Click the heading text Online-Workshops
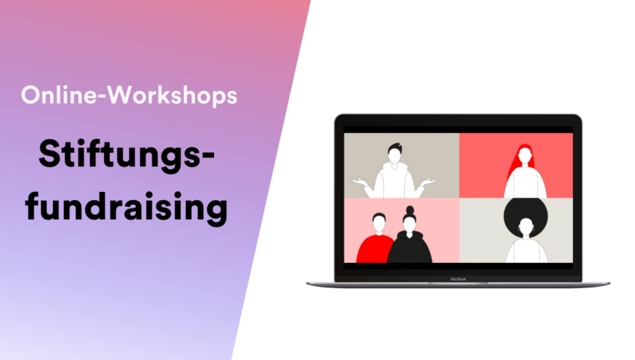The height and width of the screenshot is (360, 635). point(129,96)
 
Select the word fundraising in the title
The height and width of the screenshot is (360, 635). point(126,207)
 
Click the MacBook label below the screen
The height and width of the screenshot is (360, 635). point(458,279)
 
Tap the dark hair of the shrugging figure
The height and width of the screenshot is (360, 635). point(394,147)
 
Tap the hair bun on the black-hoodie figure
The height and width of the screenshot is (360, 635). point(410,210)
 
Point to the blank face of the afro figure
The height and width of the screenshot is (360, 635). point(526,226)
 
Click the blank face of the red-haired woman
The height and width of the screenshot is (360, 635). point(525,155)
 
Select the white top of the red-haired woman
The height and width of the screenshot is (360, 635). point(525,182)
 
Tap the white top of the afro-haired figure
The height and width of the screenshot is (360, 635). point(526,250)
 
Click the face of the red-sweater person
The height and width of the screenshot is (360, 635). point(379,223)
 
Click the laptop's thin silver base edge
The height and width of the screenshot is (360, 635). point(458,285)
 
